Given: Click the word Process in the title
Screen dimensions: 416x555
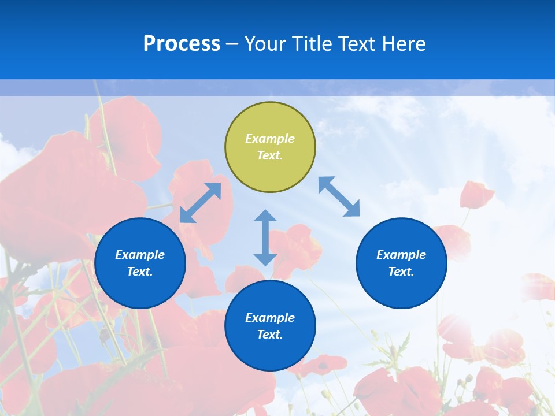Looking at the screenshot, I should (182, 44).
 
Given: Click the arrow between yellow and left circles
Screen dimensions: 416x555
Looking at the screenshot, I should (201, 203).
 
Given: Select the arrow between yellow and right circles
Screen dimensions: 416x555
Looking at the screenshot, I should (339, 196).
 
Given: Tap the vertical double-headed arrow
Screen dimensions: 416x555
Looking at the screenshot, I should (265, 237).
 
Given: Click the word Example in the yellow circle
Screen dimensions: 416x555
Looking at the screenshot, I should (270, 139).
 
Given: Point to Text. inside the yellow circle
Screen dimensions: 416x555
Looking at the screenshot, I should (270, 155).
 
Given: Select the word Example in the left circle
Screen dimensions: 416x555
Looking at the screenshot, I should (140, 255).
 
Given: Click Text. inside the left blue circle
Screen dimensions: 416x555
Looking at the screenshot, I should (140, 272).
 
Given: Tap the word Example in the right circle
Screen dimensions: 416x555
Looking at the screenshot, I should (401, 255).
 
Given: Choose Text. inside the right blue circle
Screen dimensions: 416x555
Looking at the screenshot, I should (401, 272).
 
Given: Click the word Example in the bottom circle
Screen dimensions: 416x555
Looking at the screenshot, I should (270, 318).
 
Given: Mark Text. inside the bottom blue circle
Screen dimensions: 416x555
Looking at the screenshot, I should (270, 335).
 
